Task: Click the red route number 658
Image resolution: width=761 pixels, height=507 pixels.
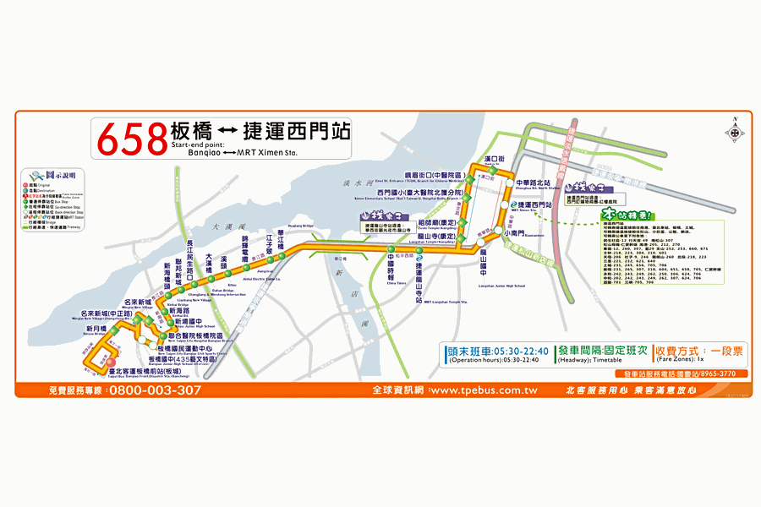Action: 132,139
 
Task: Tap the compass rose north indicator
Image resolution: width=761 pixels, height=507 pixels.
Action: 734,130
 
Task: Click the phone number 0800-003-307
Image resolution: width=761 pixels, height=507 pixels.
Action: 155,390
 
